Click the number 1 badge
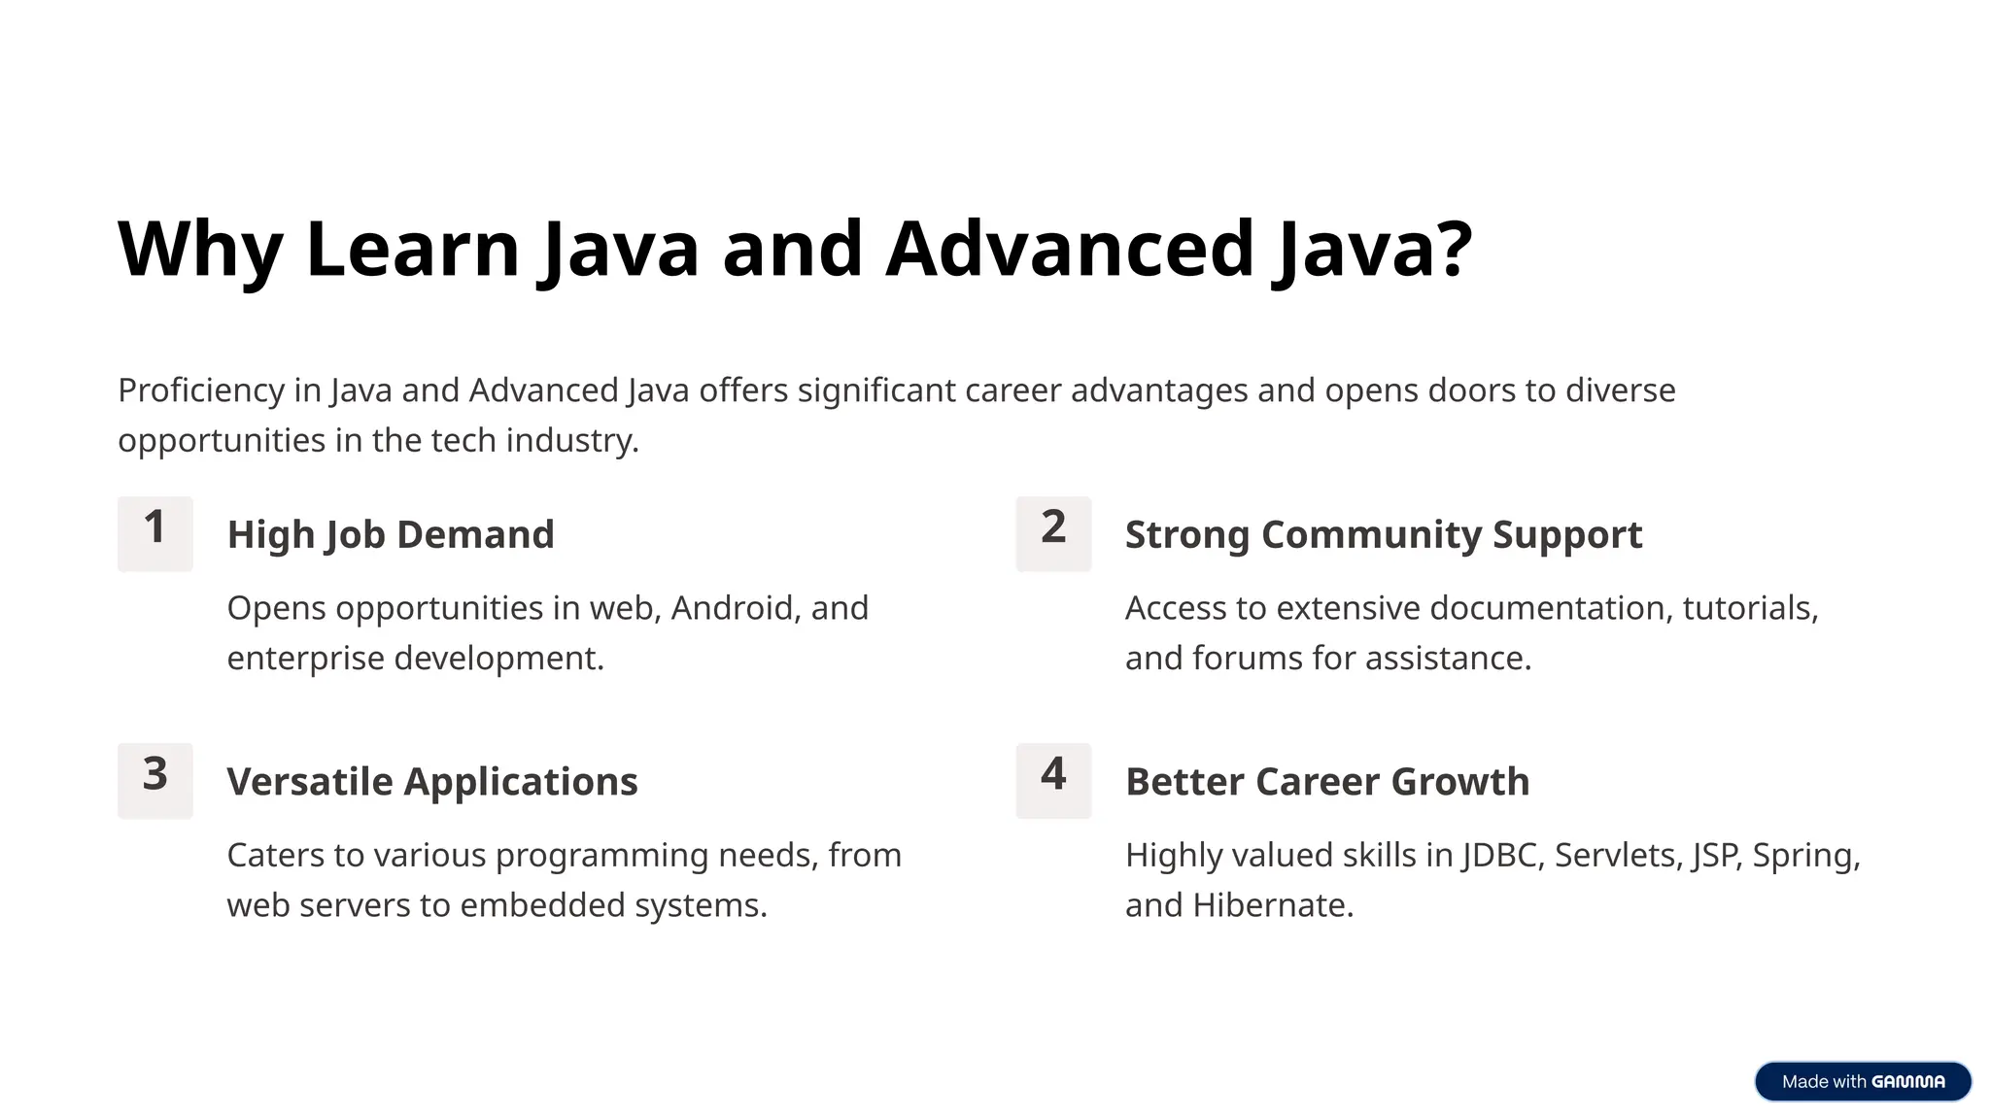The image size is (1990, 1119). [154, 533]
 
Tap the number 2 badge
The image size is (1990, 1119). [1053, 533]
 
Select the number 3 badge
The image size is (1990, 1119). [154, 780]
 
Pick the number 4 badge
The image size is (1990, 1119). [1053, 780]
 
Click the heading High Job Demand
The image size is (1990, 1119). [391, 534]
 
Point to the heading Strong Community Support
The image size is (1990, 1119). [1383, 534]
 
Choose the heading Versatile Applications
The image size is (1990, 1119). [432, 781]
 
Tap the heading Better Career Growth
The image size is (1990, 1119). [1327, 781]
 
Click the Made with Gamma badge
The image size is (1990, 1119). [1862, 1081]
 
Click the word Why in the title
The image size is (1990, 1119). [200, 250]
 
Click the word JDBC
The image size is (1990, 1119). [1500, 855]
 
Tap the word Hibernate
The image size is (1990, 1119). [1272, 905]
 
